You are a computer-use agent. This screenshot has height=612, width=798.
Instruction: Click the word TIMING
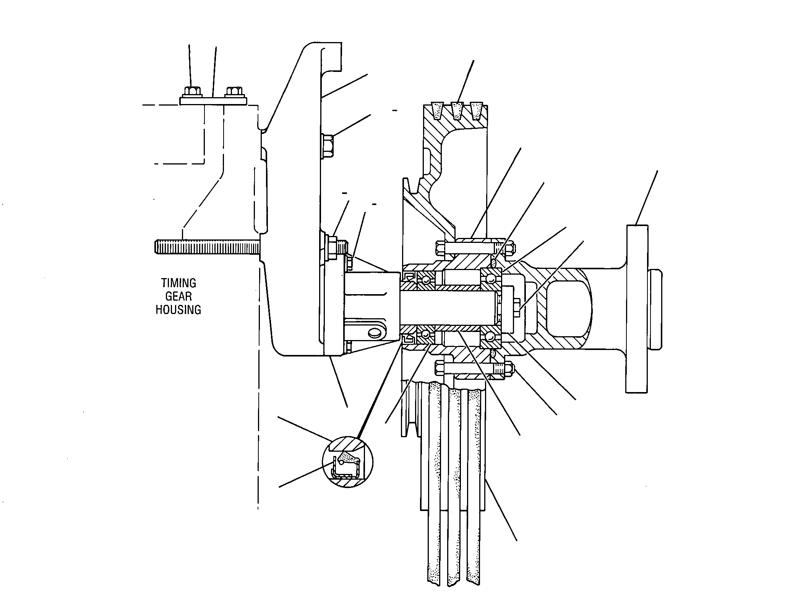click(x=178, y=283)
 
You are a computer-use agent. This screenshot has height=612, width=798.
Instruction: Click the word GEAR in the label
click(x=178, y=296)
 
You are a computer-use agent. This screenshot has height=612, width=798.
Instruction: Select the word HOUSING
click(x=178, y=310)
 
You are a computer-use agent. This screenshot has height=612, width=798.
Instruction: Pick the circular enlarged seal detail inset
click(x=347, y=462)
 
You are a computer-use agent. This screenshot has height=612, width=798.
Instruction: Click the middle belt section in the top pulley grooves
click(x=457, y=110)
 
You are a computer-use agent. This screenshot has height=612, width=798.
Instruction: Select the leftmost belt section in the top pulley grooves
click(x=437, y=109)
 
